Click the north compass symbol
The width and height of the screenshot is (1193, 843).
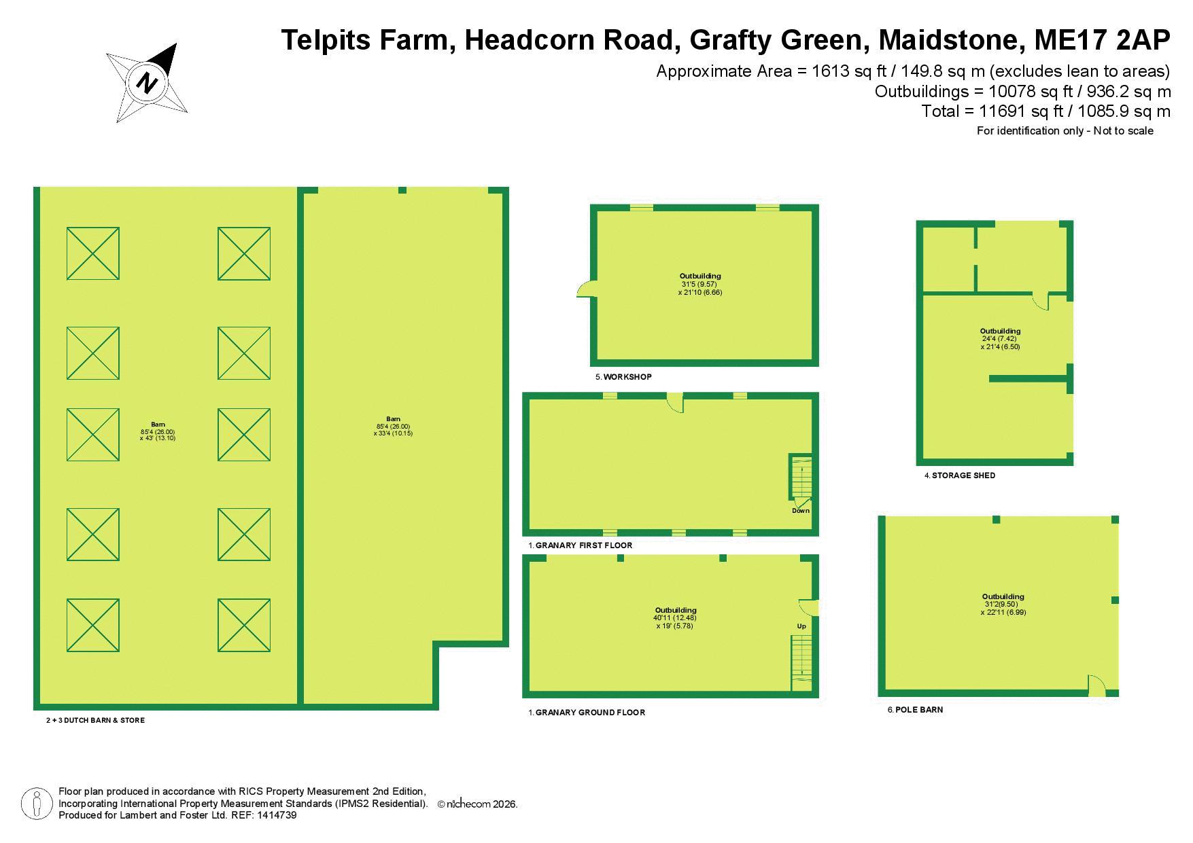tap(147, 82)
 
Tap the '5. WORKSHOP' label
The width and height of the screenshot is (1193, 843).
tap(623, 377)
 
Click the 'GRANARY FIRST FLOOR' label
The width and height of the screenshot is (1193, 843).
tap(584, 545)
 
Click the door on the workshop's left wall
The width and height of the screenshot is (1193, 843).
tap(585, 289)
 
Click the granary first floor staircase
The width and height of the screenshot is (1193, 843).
tap(800, 480)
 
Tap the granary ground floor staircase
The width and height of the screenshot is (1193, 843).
tap(801, 663)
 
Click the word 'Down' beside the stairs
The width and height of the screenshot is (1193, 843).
tap(801, 511)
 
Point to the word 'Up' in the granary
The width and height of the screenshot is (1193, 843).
tap(801, 626)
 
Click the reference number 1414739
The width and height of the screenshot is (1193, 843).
tap(277, 815)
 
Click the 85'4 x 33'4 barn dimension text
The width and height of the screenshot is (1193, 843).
tap(393, 429)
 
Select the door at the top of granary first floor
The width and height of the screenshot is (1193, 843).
tap(674, 402)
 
